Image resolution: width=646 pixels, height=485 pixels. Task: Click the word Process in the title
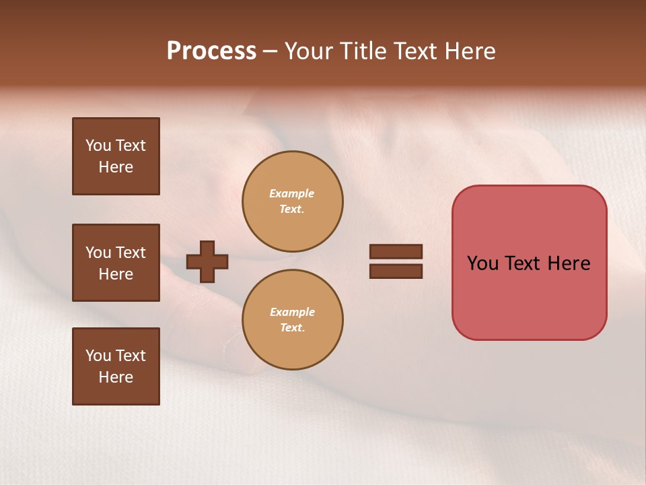(x=211, y=51)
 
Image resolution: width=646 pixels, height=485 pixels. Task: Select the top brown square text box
(x=116, y=156)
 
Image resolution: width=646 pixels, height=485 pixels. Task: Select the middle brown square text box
(x=116, y=263)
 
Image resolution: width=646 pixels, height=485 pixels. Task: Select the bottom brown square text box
(x=116, y=366)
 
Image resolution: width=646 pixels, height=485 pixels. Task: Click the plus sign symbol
(x=207, y=261)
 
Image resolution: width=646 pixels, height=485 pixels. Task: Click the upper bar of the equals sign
(x=396, y=251)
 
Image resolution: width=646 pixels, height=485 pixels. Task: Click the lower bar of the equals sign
(x=396, y=271)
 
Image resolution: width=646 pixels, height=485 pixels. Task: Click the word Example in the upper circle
(x=292, y=193)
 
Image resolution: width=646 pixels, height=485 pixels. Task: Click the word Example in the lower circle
(x=292, y=312)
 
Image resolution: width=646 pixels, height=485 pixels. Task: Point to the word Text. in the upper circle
(x=292, y=209)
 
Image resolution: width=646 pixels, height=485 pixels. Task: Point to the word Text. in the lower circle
(x=292, y=327)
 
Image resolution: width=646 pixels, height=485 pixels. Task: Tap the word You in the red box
(x=482, y=263)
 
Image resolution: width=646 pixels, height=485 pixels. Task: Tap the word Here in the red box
(x=569, y=263)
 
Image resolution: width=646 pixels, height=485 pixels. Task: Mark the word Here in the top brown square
(x=116, y=167)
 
